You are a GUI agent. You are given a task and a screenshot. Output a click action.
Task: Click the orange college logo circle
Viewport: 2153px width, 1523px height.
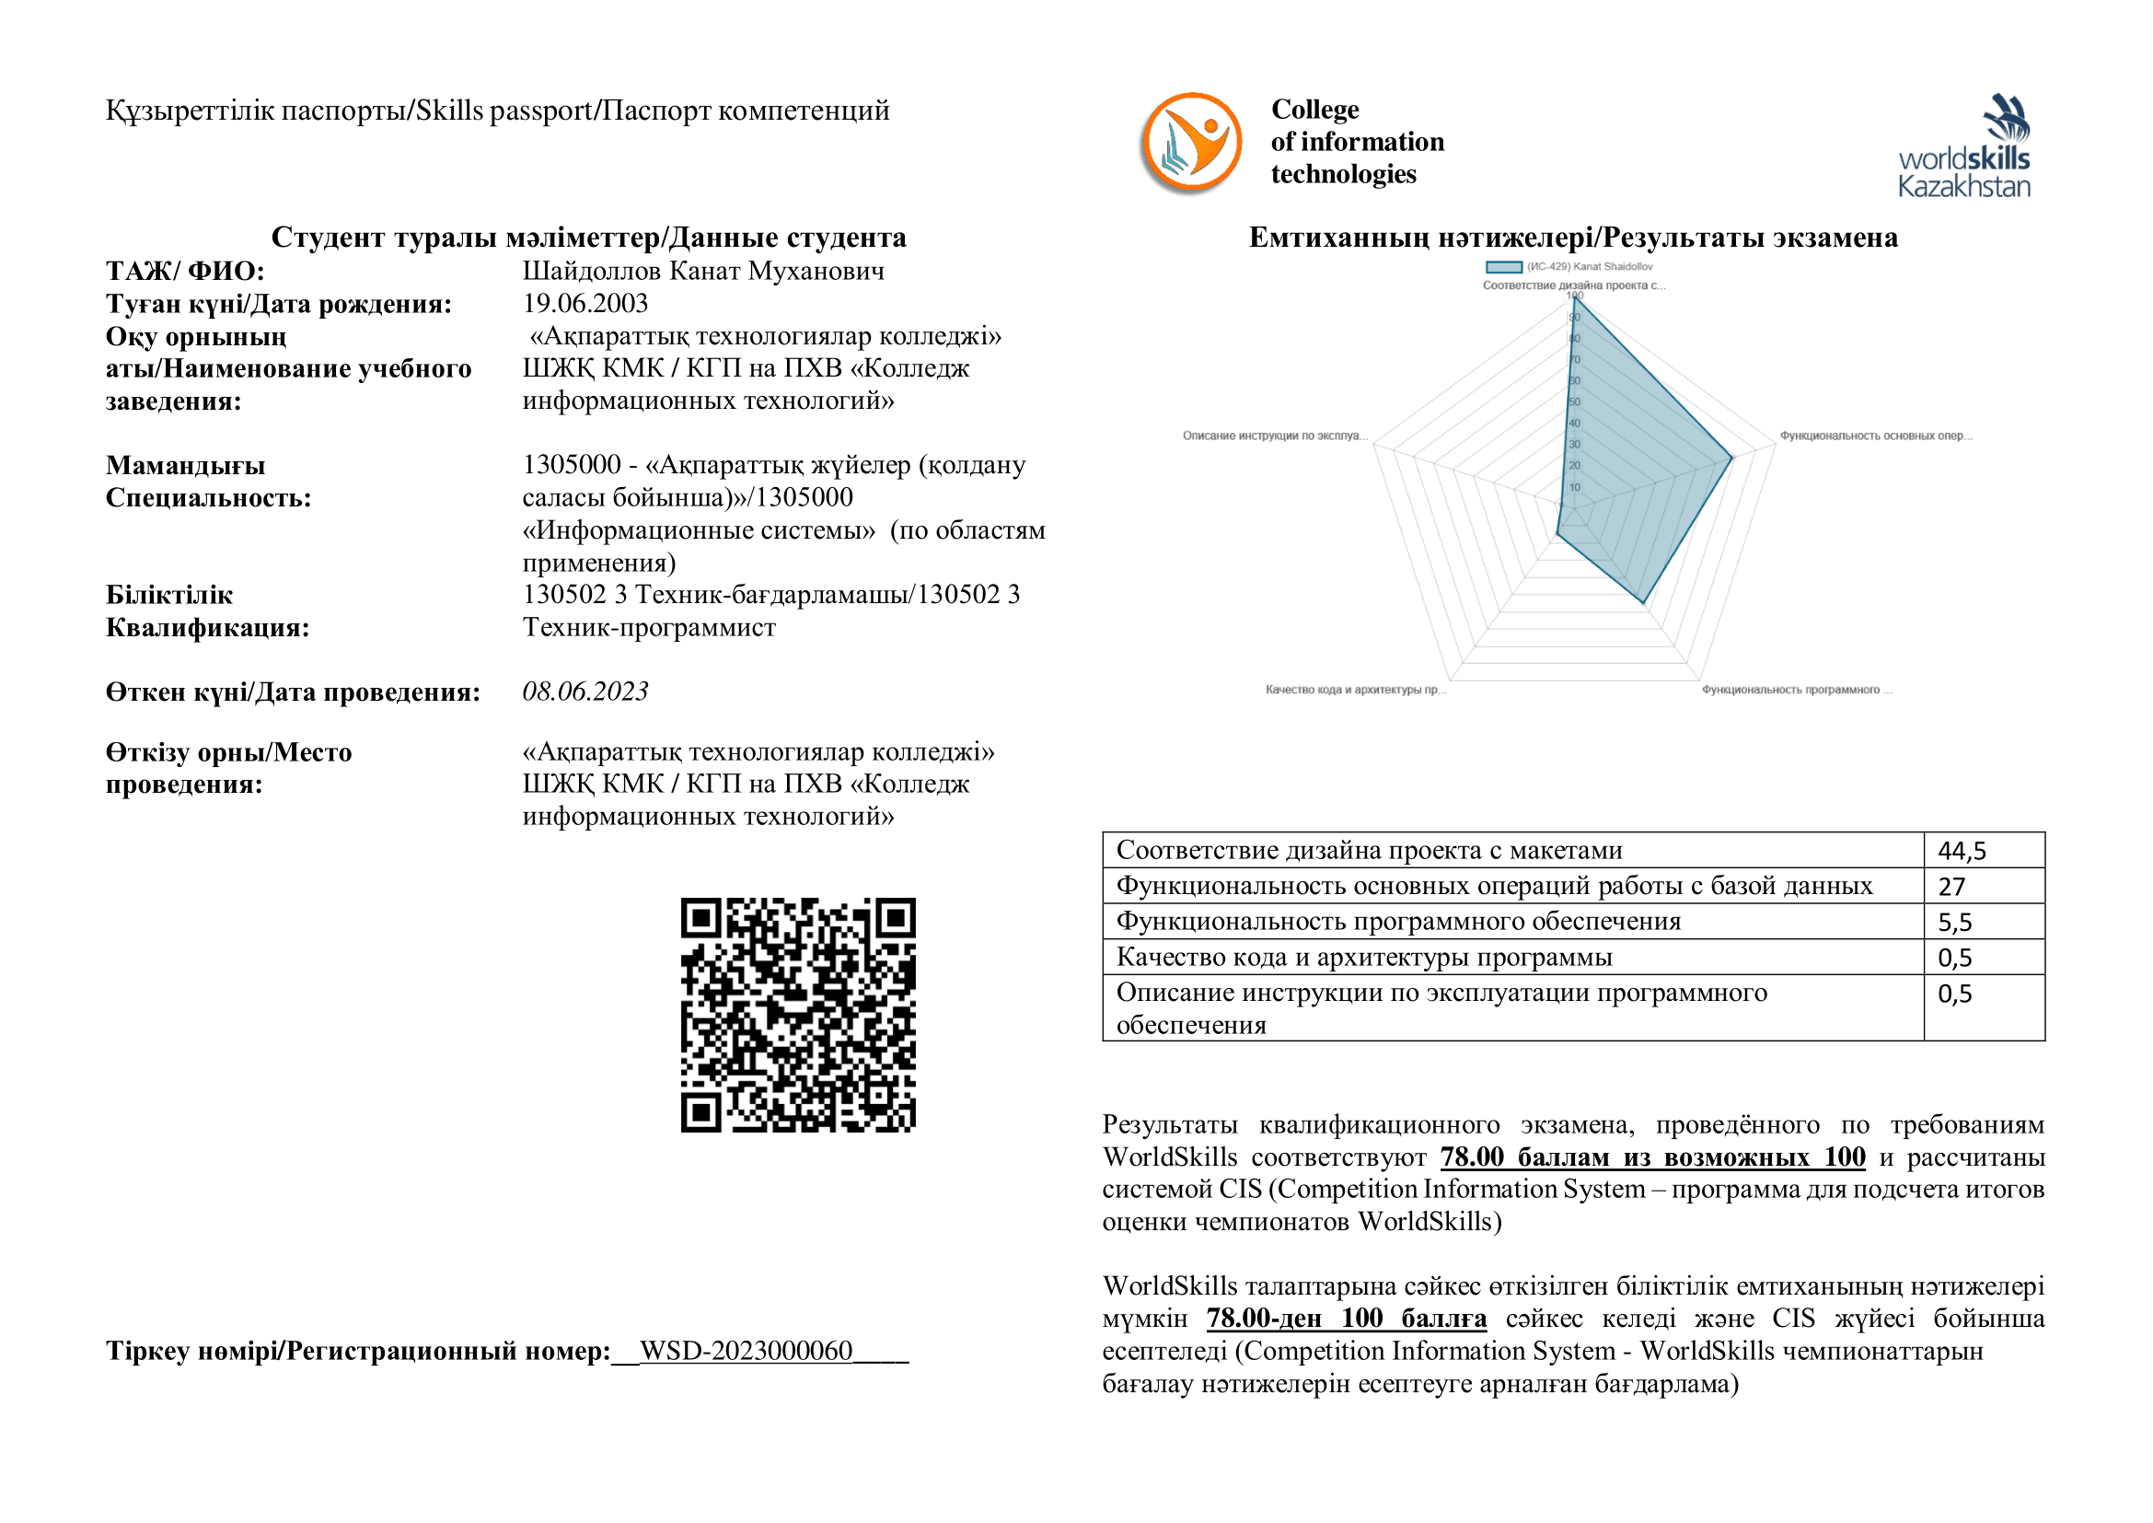click(1190, 144)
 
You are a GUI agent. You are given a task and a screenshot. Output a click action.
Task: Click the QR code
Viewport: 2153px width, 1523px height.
click(798, 1015)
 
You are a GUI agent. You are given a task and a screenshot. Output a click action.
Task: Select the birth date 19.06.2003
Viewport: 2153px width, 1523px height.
click(585, 303)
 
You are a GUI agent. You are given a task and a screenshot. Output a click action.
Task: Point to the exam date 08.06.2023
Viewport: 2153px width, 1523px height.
click(585, 692)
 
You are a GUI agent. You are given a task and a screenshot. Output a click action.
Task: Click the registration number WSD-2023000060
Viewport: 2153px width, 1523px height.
click(746, 1351)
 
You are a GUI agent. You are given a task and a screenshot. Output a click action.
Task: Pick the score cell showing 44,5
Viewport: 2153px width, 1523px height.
click(1962, 851)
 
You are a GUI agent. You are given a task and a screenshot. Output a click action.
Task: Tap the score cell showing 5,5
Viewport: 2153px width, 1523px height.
click(1955, 922)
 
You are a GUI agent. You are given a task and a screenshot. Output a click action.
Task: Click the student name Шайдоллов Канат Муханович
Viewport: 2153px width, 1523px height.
click(703, 271)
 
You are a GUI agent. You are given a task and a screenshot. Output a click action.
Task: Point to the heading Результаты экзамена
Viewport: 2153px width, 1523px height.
click(1572, 238)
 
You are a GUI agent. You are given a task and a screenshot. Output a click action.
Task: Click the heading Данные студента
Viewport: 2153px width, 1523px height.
click(589, 238)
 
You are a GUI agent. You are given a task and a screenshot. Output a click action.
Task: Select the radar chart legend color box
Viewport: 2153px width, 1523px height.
click(1503, 267)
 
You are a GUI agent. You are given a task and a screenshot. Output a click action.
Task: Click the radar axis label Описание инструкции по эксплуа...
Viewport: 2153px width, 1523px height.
click(1274, 436)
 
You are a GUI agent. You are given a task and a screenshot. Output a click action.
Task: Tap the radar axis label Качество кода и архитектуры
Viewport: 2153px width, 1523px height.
click(1355, 691)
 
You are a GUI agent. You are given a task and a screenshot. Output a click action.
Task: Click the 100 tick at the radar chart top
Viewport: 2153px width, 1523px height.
click(1574, 296)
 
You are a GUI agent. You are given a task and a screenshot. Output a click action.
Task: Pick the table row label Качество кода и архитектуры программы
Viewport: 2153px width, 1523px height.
click(1363, 958)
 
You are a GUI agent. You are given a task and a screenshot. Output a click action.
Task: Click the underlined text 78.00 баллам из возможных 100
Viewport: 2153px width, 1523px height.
click(1652, 1157)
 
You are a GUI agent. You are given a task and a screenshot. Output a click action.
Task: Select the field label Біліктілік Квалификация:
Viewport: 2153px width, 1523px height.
click(207, 610)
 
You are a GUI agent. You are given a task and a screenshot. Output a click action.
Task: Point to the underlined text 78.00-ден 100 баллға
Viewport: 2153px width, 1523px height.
click(1346, 1319)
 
